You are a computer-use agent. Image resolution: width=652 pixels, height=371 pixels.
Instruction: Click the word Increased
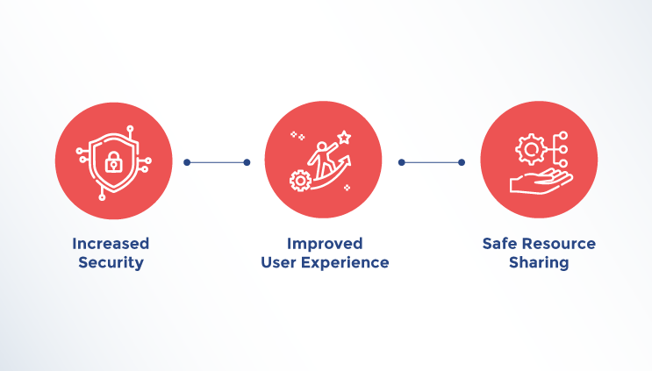111,244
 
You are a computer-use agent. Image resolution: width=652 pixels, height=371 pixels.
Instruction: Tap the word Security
111,263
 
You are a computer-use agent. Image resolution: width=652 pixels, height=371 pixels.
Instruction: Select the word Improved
325,244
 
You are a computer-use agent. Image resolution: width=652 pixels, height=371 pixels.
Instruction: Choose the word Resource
559,244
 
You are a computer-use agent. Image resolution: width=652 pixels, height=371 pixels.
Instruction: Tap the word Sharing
539,263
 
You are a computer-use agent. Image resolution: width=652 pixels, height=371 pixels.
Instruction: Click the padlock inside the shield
113,162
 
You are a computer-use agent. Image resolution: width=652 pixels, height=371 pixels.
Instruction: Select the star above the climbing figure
344,137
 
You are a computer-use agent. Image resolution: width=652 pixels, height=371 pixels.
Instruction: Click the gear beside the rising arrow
300,181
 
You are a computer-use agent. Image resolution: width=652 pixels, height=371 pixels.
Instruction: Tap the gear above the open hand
531,149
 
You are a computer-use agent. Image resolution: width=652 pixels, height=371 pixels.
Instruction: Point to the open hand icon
541,182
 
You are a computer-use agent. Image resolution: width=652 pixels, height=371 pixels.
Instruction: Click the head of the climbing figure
322,146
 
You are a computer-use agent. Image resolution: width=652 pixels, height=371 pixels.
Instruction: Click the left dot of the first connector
187,162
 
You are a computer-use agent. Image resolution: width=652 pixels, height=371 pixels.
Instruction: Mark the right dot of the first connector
247,162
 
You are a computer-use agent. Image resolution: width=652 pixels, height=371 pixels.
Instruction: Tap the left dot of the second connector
402,162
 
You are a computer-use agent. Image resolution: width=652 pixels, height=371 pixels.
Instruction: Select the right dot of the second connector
462,162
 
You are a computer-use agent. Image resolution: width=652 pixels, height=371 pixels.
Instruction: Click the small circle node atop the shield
130,129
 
